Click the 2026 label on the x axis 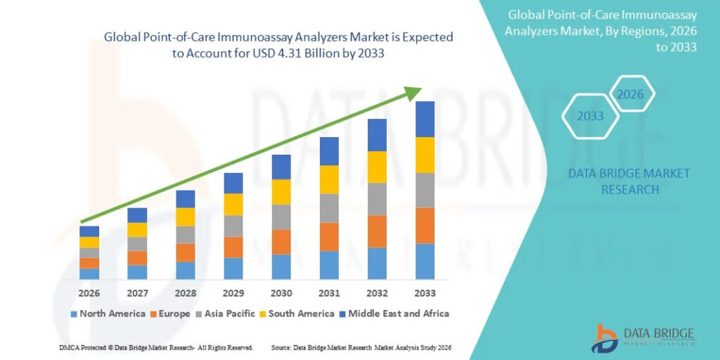[x=89, y=292]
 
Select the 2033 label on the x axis [x=425, y=292]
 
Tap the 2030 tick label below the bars [x=281, y=292]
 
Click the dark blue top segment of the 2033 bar [x=425, y=119]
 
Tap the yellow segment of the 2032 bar [x=377, y=167]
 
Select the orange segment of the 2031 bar [x=329, y=236]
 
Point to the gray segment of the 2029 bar [x=233, y=226]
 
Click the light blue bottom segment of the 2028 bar [x=186, y=271]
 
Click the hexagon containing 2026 [x=631, y=94]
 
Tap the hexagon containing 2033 [x=591, y=116]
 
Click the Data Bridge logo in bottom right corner [x=644, y=337]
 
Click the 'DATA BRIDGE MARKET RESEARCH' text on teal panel [x=629, y=181]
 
